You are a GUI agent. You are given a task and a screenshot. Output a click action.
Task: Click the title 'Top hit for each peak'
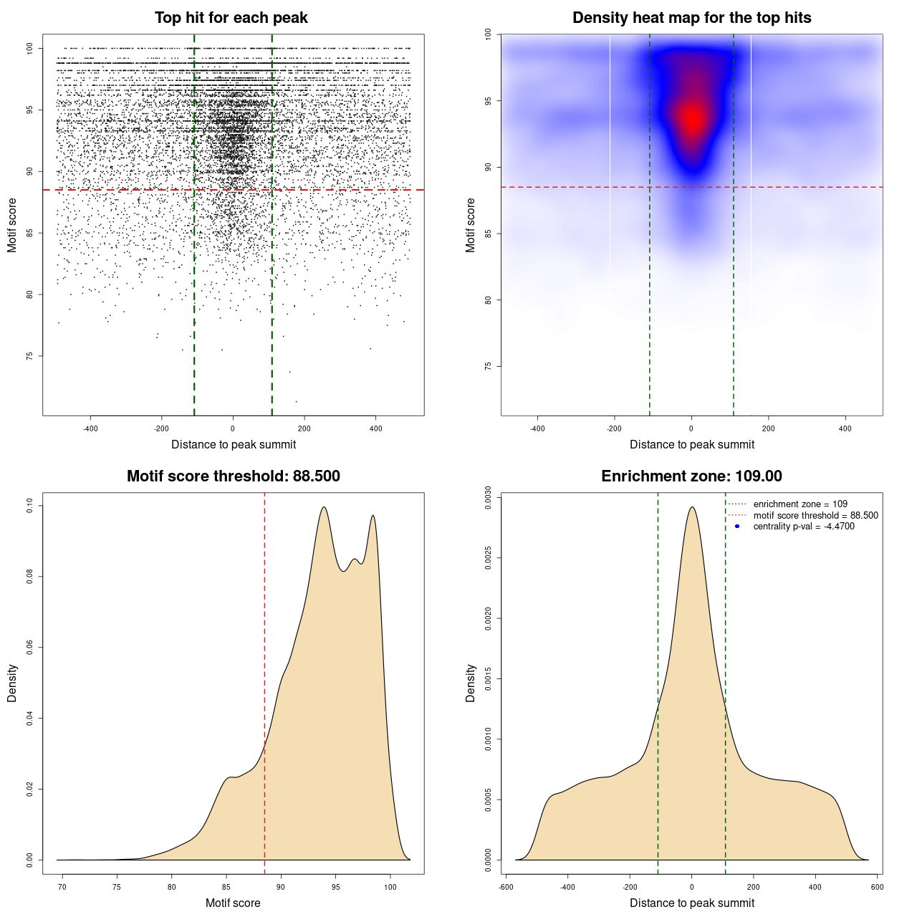pyautogui.click(x=231, y=18)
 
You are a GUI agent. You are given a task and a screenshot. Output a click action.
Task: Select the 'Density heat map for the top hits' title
pyautogui.click(x=691, y=18)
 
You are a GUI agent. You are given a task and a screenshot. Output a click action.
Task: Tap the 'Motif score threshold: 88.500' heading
pyautogui.click(x=233, y=476)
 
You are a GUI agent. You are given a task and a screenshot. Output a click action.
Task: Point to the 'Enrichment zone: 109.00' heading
pyautogui.click(x=691, y=476)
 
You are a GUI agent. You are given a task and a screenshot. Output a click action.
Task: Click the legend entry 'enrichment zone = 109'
pyautogui.click(x=800, y=504)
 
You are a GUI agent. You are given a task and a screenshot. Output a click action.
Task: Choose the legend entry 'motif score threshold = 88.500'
pyautogui.click(x=815, y=515)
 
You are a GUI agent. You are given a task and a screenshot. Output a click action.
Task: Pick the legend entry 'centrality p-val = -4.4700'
pyautogui.click(x=803, y=527)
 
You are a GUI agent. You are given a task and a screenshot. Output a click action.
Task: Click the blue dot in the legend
pyautogui.click(x=737, y=527)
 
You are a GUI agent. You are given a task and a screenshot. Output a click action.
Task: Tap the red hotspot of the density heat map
pyautogui.click(x=692, y=119)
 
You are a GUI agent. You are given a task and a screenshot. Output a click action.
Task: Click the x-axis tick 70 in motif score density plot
pyautogui.click(x=62, y=888)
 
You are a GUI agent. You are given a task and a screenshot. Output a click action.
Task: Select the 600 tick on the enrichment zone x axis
pyautogui.click(x=877, y=888)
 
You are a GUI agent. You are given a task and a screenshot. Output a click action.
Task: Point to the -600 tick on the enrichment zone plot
pyautogui.click(x=506, y=888)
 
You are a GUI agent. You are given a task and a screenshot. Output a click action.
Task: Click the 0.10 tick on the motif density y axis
pyautogui.click(x=30, y=506)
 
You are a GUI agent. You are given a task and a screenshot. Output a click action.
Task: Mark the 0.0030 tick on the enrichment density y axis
pyautogui.click(x=489, y=497)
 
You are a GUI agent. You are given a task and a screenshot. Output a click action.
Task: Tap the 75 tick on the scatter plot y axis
pyautogui.click(x=30, y=356)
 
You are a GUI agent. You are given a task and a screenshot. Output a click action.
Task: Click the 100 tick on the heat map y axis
pyautogui.click(x=489, y=34)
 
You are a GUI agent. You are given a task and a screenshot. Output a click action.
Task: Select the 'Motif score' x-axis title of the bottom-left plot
pyautogui.click(x=233, y=903)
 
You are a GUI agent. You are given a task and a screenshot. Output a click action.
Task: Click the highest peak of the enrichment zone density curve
pyautogui.click(x=691, y=507)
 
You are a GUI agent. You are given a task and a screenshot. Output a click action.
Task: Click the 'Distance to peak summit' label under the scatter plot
pyautogui.click(x=234, y=445)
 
